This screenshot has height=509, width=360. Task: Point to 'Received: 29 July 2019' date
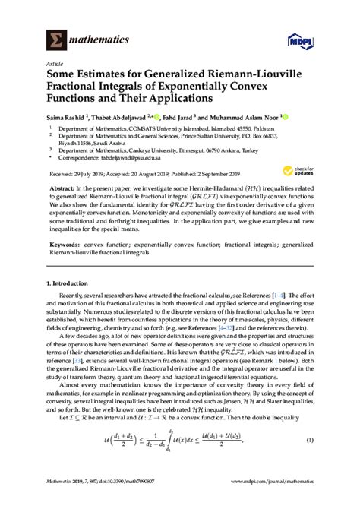click(80, 182)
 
